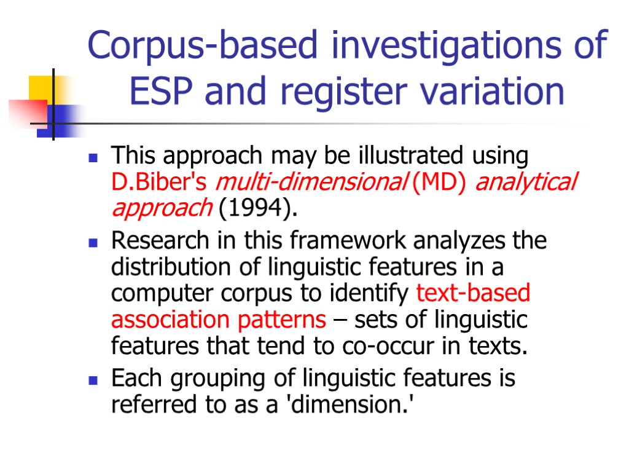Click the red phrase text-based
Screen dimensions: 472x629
point(473,293)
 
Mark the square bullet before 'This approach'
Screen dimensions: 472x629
point(93,158)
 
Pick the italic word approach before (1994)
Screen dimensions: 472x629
point(162,209)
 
